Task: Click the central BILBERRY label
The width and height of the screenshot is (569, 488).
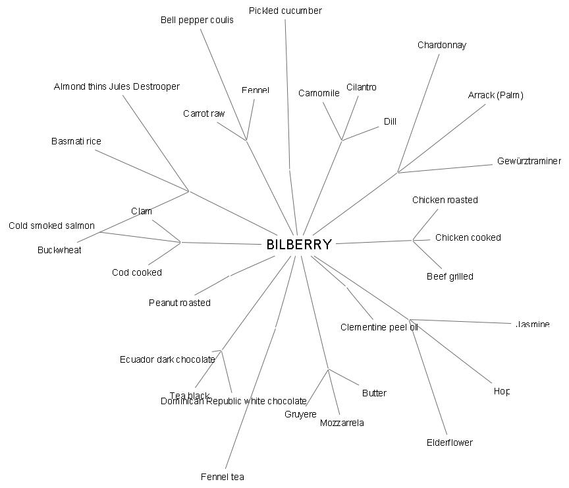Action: [x=298, y=245]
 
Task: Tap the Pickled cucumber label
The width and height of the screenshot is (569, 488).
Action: [x=285, y=11]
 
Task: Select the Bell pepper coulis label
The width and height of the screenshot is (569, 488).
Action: [x=197, y=20]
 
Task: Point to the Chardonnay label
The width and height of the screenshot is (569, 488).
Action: [x=441, y=46]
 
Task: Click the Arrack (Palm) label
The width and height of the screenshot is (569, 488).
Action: [x=495, y=95]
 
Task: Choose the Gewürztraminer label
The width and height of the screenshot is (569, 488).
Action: [x=529, y=161]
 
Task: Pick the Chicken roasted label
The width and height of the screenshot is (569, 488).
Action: [x=445, y=200]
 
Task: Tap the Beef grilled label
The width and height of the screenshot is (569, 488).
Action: [x=450, y=276]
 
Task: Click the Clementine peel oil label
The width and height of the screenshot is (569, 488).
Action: [x=379, y=327]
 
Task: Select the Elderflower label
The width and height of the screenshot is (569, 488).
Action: [x=449, y=442]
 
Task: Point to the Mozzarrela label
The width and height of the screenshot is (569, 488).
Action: [x=342, y=423]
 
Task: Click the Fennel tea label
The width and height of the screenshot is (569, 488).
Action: [x=222, y=477]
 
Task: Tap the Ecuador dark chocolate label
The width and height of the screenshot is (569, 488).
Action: [x=167, y=359]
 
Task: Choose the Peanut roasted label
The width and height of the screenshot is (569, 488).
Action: [x=179, y=303]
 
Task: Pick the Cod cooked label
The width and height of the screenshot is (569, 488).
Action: [x=136, y=272]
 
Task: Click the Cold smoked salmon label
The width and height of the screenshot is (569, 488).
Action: [x=51, y=226]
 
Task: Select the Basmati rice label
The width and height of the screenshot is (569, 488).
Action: [x=76, y=141]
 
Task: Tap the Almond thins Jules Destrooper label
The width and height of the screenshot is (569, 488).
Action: [x=117, y=86]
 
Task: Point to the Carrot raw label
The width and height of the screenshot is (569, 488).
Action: [x=203, y=113]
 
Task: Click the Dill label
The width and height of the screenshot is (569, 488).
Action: [x=390, y=121]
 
